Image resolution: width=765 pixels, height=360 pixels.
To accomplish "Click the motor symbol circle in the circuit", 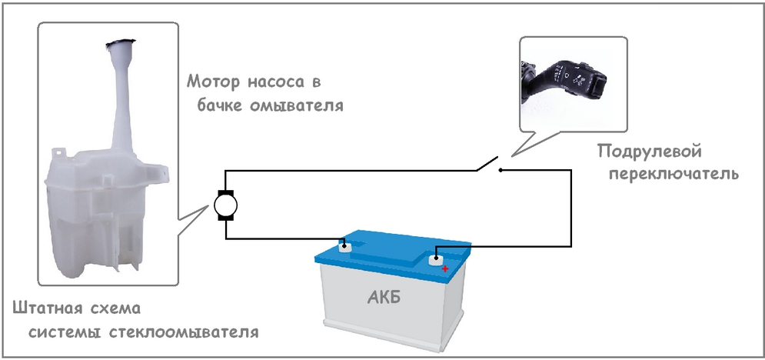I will coord(225,205).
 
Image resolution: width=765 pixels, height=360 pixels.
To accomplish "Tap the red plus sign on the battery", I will coord(444,269).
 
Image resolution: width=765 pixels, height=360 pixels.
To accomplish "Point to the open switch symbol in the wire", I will coord(488,163).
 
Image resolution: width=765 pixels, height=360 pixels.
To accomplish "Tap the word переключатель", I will coord(673,174).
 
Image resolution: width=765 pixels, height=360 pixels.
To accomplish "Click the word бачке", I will coord(217,105).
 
